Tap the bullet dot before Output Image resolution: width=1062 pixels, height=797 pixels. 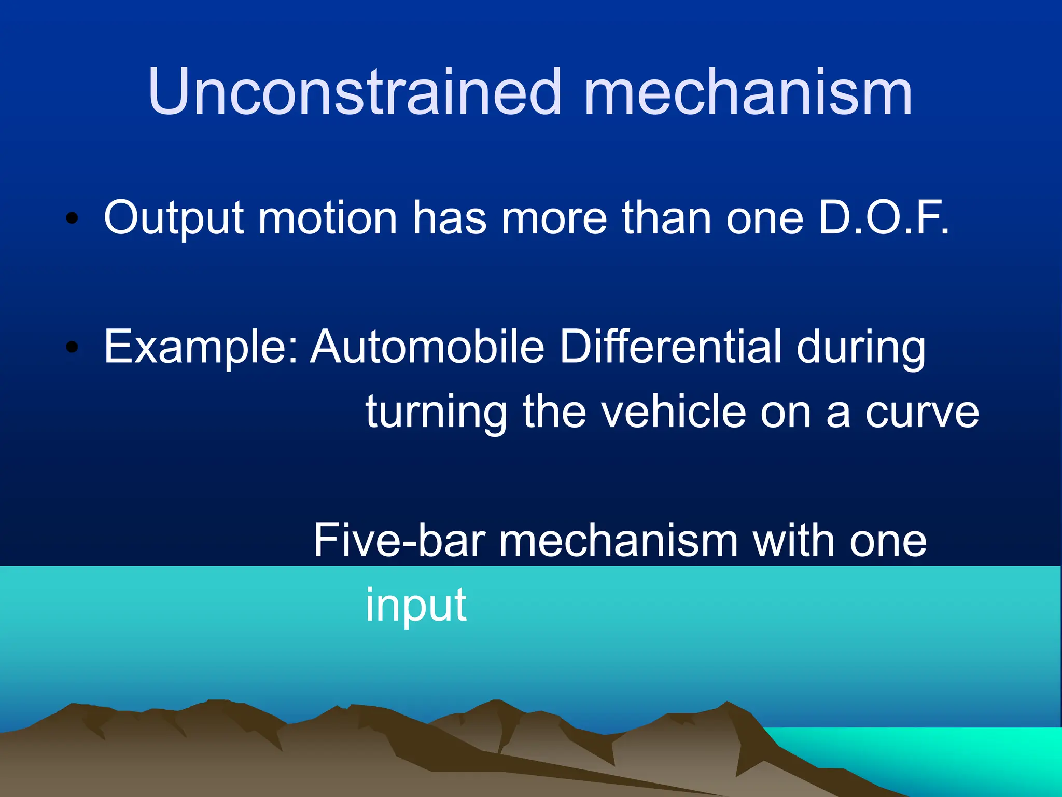(72, 218)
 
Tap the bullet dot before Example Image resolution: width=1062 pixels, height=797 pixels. (72, 347)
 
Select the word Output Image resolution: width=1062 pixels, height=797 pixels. (174, 218)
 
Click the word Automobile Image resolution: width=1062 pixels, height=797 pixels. (427, 346)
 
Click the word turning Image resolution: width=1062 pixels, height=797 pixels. (436, 413)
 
